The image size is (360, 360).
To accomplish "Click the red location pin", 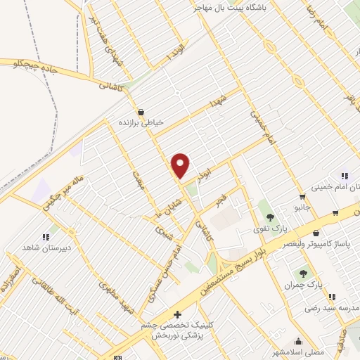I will coord(181,165).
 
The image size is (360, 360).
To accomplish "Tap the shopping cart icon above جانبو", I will coord(302,197).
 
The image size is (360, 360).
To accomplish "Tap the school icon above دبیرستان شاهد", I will coord(46,237).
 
